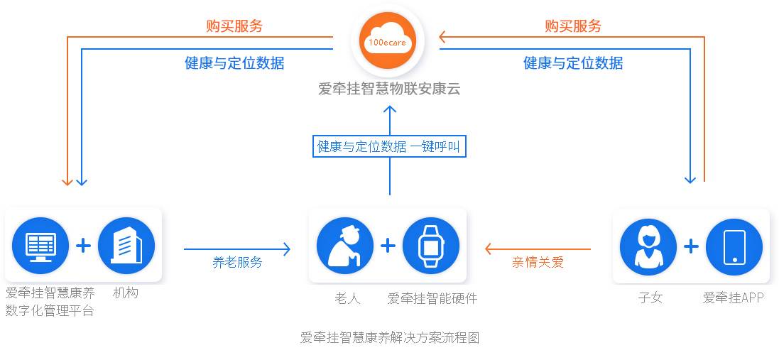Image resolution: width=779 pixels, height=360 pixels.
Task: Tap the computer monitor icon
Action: tap(40, 246)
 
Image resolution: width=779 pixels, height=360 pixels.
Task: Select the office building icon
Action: tap(126, 246)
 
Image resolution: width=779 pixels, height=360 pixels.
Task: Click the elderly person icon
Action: tap(345, 246)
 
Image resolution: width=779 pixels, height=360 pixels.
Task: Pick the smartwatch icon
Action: tap(430, 246)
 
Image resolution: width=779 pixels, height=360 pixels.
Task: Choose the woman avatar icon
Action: tap(648, 246)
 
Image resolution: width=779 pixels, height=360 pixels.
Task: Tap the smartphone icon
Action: tap(734, 246)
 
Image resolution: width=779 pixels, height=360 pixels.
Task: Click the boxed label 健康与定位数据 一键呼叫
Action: tap(390, 147)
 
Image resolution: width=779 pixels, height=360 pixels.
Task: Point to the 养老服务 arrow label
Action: tap(237, 262)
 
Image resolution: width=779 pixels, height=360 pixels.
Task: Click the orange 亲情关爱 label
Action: tap(538, 262)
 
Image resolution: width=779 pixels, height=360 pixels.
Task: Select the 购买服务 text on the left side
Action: tap(234, 26)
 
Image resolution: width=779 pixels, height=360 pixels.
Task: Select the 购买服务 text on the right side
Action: tap(573, 26)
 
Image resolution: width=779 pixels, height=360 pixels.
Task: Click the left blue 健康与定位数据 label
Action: tap(234, 63)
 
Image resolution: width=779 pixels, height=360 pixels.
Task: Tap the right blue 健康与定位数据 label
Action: tap(573, 63)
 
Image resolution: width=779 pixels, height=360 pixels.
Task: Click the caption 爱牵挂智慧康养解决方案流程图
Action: tap(390, 338)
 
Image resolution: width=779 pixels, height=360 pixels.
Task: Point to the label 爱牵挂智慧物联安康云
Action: tap(389, 89)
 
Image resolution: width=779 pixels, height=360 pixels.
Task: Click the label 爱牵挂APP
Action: tap(733, 298)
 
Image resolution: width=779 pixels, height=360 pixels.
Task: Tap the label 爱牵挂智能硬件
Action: tap(432, 298)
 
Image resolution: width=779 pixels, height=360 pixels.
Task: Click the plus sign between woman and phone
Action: tap(691, 246)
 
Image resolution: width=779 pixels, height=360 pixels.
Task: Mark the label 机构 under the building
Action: tap(126, 293)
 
